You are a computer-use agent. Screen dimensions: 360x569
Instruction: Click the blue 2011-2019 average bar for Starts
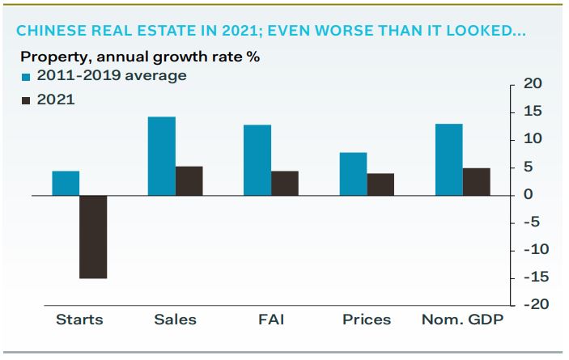tap(66, 183)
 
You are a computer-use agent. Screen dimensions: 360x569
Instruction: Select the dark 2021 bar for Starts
tap(93, 236)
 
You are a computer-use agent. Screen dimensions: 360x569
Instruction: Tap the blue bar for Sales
tap(161, 156)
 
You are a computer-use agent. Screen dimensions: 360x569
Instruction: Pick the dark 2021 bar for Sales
tap(189, 180)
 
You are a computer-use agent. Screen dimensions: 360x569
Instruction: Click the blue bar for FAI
tap(257, 160)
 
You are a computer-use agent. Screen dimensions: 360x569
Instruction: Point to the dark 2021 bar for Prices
tap(380, 184)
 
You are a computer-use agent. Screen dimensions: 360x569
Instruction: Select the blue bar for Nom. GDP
tap(448, 159)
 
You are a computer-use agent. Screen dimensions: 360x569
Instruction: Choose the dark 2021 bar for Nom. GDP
tap(476, 181)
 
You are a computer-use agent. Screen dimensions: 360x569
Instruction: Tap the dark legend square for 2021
tap(25, 100)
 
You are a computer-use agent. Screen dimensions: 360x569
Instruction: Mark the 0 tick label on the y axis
tap(528, 194)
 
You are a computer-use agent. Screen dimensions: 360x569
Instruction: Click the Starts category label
tap(79, 320)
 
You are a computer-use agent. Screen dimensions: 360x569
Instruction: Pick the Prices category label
tap(366, 320)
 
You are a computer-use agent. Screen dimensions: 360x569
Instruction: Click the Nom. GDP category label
tap(462, 320)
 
